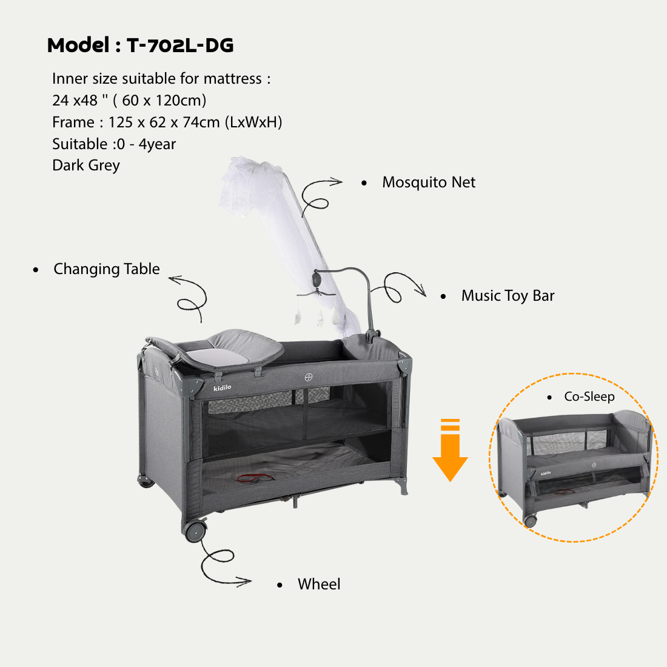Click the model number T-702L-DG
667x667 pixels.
click(x=180, y=45)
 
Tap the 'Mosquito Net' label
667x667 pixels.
click(x=429, y=182)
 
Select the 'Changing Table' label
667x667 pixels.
click(x=107, y=269)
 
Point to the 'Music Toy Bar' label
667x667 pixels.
click(x=508, y=296)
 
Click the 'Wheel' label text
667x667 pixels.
click(x=319, y=584)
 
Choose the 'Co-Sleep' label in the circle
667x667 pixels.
click(x=589, y=397)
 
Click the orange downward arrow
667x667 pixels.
click(x=450, y=450)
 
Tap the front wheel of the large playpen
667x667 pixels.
click(x=195, y=531)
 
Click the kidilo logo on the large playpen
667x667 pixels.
click(x=223, y=387)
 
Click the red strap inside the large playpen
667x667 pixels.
click(x=255, y=478)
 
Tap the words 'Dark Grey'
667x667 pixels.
click(x=86, y=166)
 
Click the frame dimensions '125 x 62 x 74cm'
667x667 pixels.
click(x=164, y=122)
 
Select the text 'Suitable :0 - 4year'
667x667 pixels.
click(x=114, y=144)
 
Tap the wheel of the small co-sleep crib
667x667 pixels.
click(x=530, y=521)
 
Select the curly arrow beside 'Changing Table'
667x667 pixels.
click(x=192, y=298)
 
